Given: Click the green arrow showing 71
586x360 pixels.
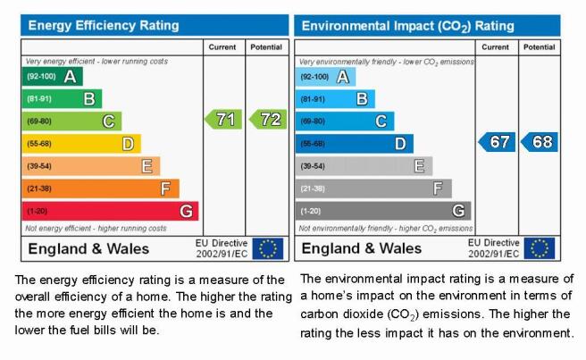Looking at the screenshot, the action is point(223,119).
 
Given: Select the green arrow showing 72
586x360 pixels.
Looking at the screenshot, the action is point(268,119).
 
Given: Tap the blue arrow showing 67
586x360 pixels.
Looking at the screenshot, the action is point(497,142).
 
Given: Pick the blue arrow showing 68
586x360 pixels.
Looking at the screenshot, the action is point(540,142).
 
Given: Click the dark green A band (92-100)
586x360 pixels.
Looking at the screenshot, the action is point(53,76).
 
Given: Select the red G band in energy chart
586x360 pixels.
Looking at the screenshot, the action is point(110,211).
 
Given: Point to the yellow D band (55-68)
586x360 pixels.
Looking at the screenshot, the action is point(81,144).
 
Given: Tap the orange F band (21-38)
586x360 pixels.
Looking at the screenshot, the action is point(101,188).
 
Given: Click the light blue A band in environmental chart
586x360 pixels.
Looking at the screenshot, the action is point(325,77).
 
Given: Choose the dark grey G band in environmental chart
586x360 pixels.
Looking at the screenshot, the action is point(383,211).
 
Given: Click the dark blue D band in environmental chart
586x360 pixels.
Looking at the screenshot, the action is point(355,144).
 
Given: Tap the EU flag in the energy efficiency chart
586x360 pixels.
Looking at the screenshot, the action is point(268,248).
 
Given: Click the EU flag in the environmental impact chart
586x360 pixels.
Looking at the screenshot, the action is point(540,248).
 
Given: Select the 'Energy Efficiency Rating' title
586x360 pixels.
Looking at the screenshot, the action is point(104,25).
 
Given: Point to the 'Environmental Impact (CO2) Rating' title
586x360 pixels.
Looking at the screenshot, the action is point(407,26).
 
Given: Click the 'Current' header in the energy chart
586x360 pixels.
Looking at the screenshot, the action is point(222,47).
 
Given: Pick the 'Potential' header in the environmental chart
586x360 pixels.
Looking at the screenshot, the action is point(539,47).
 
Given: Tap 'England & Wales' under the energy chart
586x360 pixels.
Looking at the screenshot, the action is point(88,249).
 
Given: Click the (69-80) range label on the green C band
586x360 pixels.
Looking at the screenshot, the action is point(39,121).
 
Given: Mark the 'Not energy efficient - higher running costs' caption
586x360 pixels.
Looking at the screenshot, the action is point(96,229).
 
